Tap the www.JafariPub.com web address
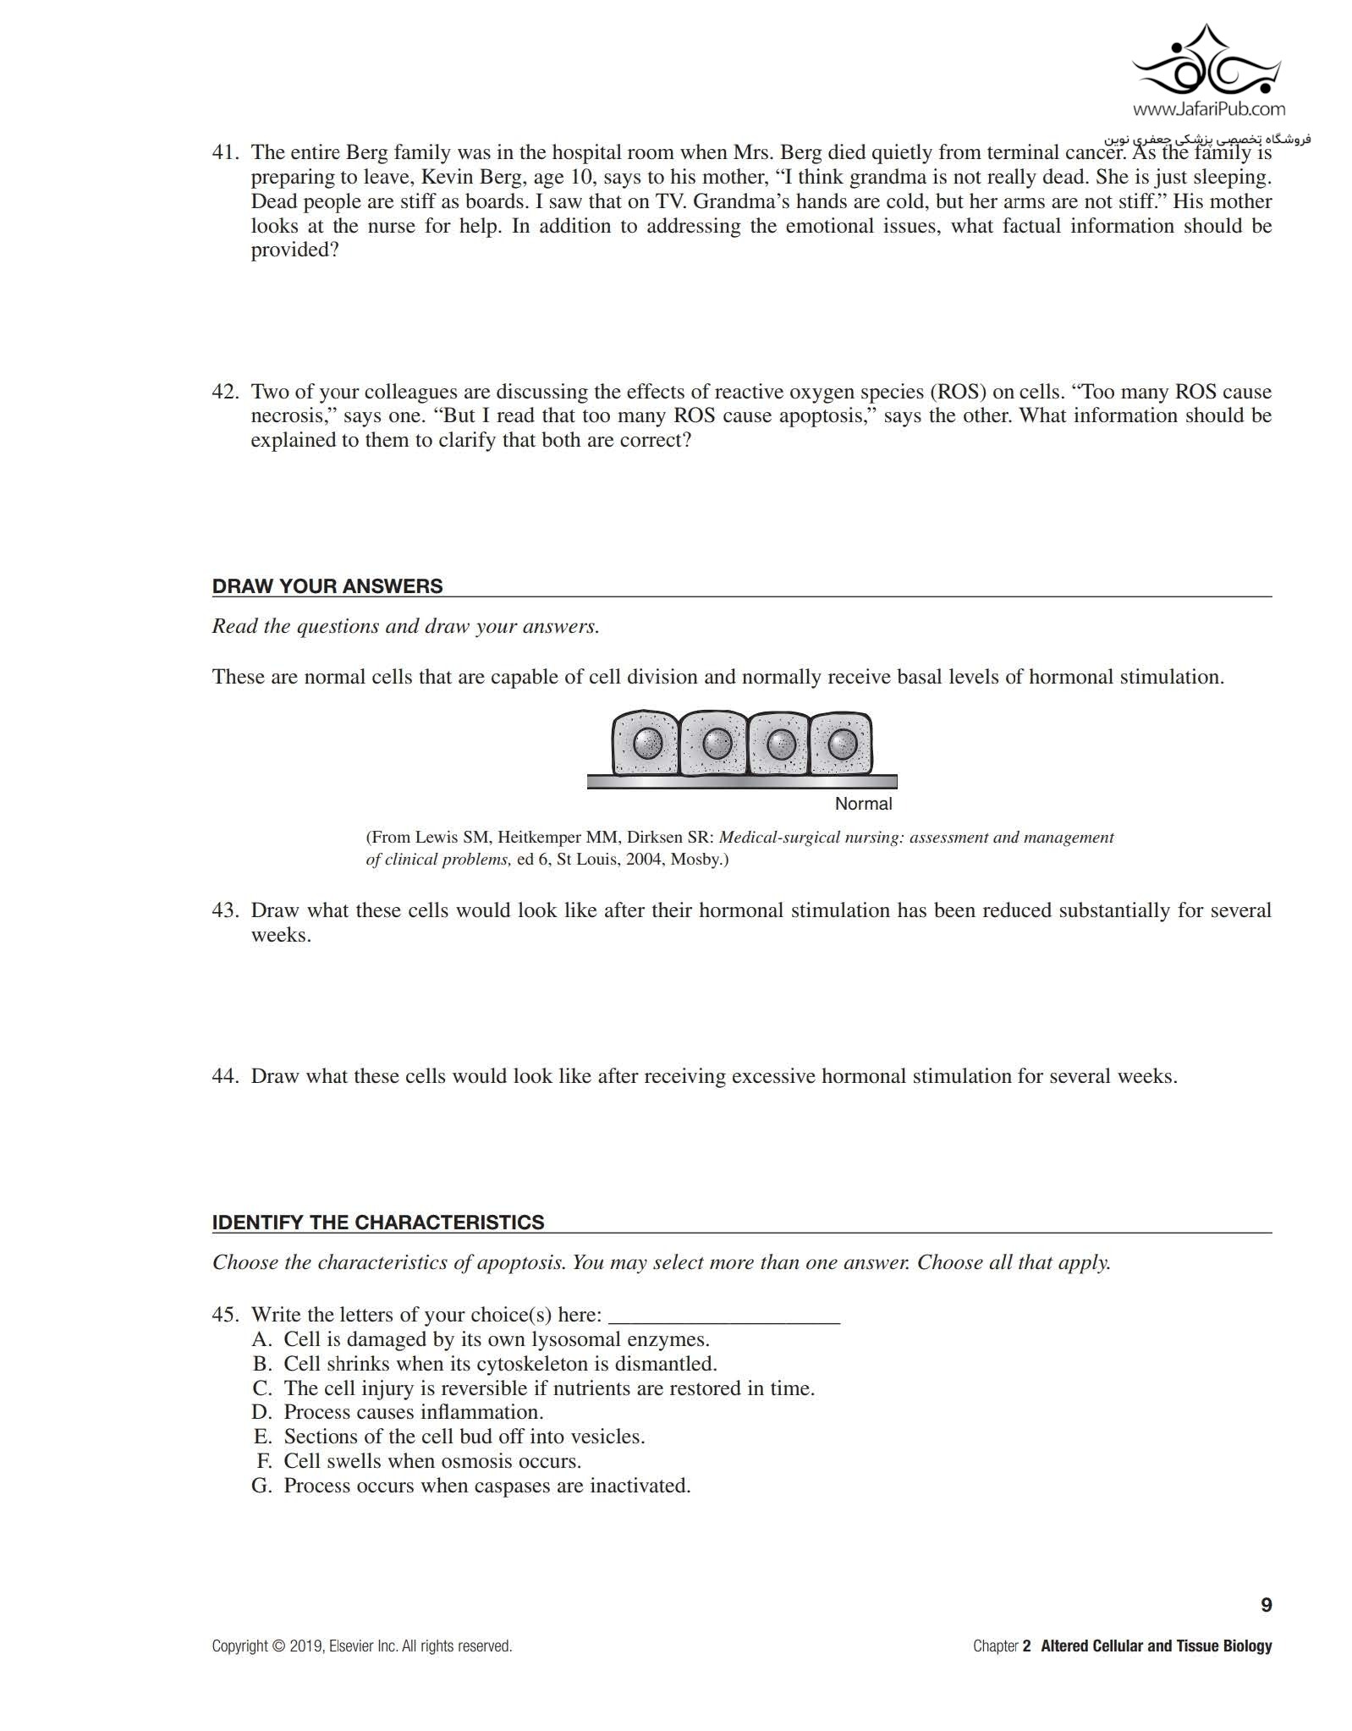click(x=1208, y=108)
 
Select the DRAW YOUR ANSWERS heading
click(x=327, y=586)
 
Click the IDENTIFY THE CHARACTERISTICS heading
click(x=377, y=1222)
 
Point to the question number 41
click(x=225, y=153)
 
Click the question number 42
click(x=225, y=392)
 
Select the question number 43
click(x=225, y=910)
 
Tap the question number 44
click(x=225, y=1076)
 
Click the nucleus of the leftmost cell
click(x=649, y=744)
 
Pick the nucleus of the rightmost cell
click(x=842, y=745)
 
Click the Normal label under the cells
click(x=863, y=804)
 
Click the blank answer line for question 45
click(x=723, y=1316)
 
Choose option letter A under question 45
click(x=261, y=1339)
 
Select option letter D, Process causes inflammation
click(x=261, y=1412)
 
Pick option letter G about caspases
click(x=261, y=1486)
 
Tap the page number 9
click(x=1266, y=1605)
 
